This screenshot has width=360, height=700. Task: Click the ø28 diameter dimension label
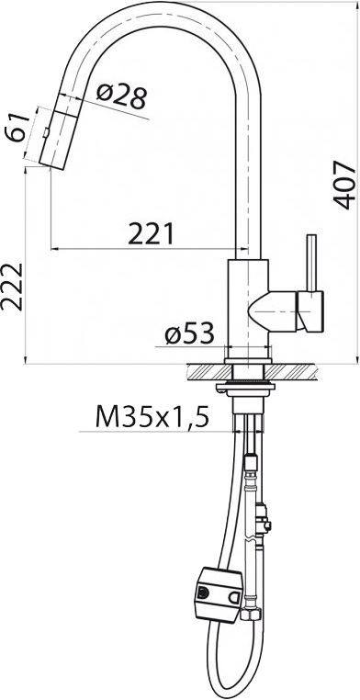click(121, 96)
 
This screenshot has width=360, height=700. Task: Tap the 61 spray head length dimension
click(17, 128)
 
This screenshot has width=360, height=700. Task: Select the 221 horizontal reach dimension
click(151, 234)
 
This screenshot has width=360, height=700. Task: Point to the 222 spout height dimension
click(12, 287)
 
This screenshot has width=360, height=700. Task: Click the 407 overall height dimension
click(344, 186)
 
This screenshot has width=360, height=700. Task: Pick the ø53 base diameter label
click(189, 334)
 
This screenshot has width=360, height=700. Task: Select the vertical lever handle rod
click(312, 263)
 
